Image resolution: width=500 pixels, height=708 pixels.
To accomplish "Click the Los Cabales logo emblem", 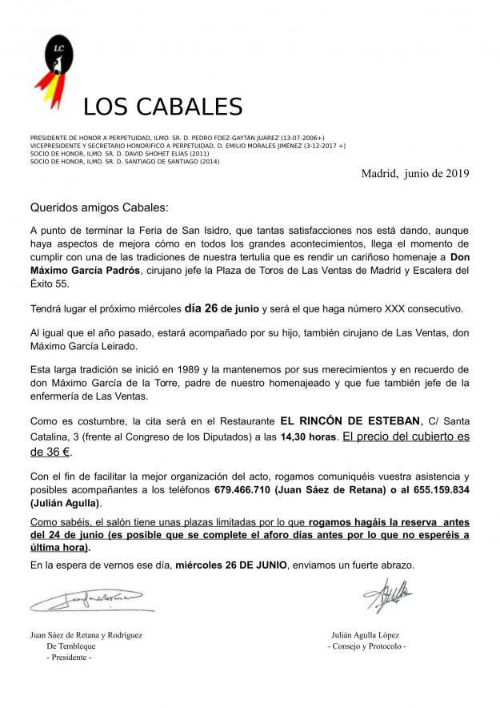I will [x=58, y=72].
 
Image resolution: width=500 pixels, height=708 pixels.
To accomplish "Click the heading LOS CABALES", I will [x=162, y=107].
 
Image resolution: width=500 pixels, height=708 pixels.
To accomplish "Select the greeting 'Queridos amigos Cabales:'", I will [x=99, y=207].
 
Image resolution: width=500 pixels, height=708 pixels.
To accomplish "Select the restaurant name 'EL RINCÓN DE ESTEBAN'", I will [x=350, y=421].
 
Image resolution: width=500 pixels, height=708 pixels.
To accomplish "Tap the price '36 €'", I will [x=50, y=452].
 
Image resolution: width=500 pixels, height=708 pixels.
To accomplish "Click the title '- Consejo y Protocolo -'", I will [x=366, y=646].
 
